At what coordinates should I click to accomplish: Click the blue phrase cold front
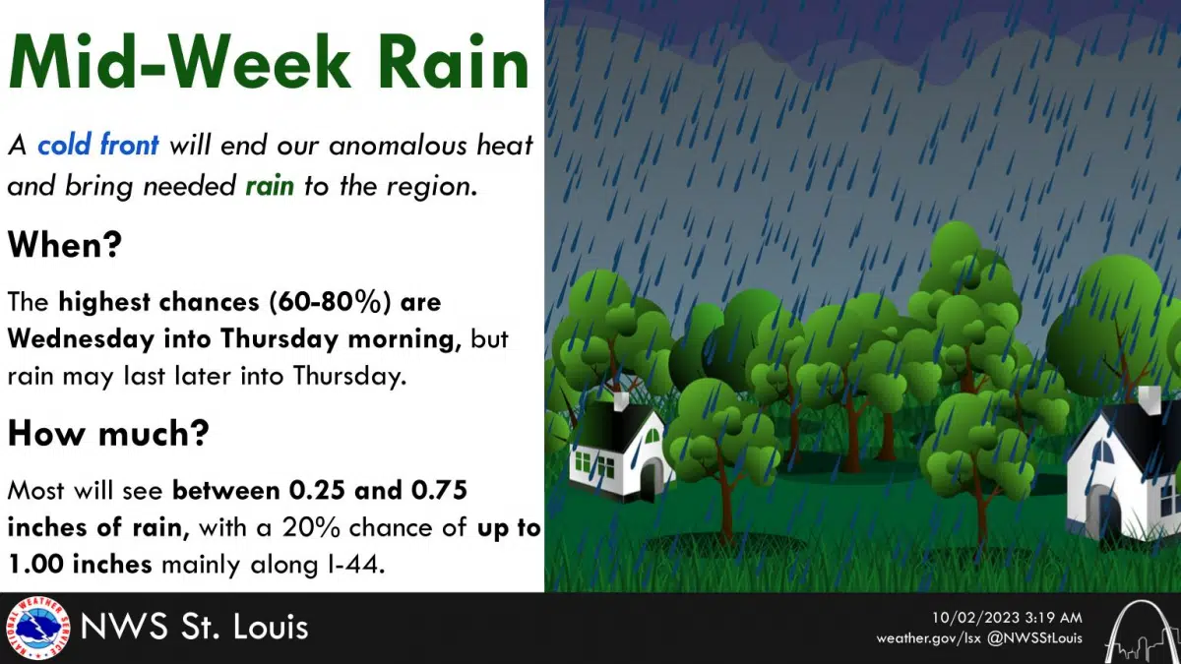tap(97, 146)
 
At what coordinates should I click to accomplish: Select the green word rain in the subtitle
tap(270, 185)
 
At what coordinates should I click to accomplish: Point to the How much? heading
tap(108, 433)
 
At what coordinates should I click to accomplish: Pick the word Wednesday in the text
tap(82, 338)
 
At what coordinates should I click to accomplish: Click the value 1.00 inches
tap(80, 564)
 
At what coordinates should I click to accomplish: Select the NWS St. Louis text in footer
tap(194, 628)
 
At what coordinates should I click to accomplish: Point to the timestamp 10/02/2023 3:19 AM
tap(1007, 617)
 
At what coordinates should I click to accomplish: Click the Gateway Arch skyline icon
tap(1140, 629)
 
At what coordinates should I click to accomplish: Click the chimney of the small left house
tap(621, 401)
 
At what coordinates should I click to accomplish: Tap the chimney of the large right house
tap(1148, 399)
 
